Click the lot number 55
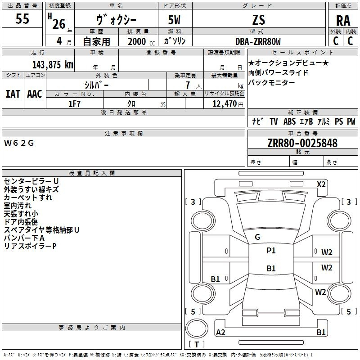[x=22, y=20]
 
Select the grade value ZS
[x=259, y=20]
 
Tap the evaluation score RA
[x=343, y=21]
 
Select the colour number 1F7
[x=75, y=103]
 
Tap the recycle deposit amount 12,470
[x=224, y=104]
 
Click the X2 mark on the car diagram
[x=321, y=184]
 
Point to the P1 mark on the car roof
[x=271, y=251]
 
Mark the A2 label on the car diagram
[x=221, y=333]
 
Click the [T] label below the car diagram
[x=197, y=345]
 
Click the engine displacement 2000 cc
[x=140, y=42]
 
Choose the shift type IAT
[x=13, y=94]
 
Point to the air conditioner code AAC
[x=34, y=94]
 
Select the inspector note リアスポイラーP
[x=30, y=246]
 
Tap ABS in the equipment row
[x=289, y=121]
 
